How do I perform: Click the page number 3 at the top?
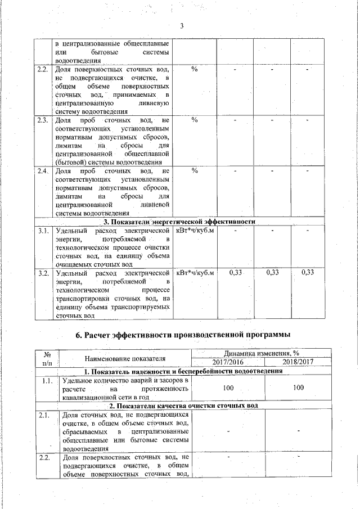(x=182, y=26)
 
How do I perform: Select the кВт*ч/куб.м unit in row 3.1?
(x=195, y=231)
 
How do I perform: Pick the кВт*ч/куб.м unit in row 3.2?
(x=195, y=273)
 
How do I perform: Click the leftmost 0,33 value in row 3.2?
(x=236, y=273)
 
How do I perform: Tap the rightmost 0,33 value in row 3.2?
(x=308, y=273)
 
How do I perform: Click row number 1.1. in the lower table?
(x=47, y=381)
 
